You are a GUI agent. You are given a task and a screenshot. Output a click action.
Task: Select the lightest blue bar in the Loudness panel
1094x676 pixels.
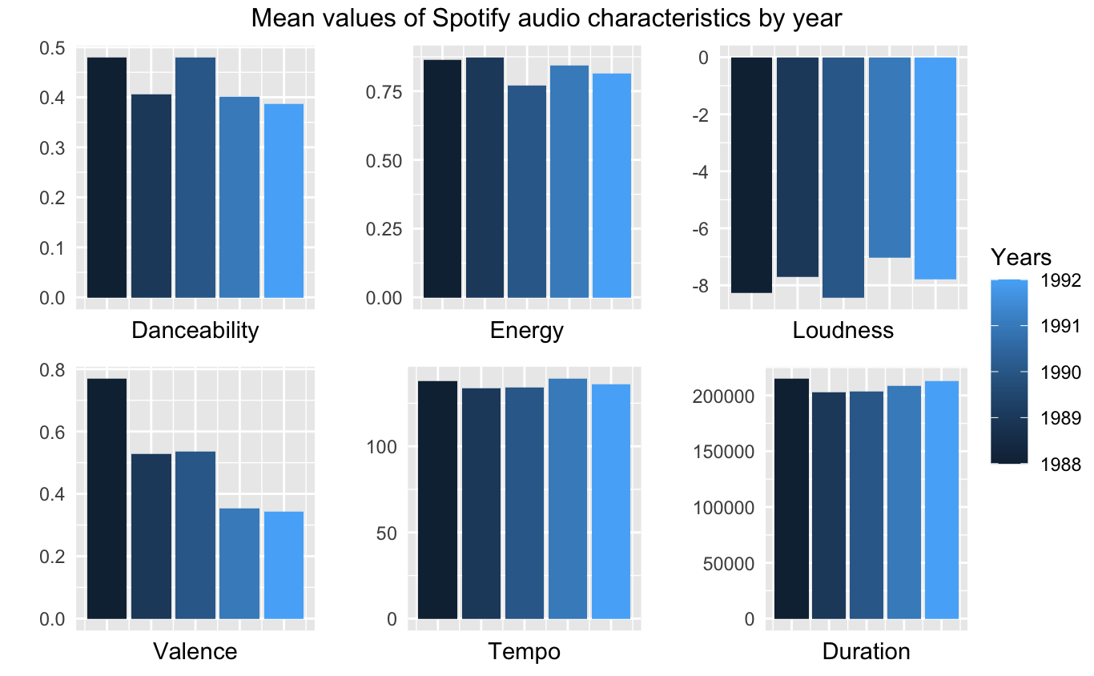[935, 168]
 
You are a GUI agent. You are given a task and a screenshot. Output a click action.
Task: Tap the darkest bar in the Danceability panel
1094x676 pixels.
[107, 177]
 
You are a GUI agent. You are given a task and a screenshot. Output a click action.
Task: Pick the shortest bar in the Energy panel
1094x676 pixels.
[527, 191]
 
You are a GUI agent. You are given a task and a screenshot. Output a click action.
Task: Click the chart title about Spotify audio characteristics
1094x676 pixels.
[546, 18]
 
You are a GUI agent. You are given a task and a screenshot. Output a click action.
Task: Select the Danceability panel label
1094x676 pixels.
[195, 330]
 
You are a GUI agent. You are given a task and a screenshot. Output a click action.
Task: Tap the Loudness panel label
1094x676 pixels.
[843, 330]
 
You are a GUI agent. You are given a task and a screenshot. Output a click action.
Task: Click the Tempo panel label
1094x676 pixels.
[524, 652]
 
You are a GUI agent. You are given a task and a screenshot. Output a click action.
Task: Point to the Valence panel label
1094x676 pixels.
[195, 652]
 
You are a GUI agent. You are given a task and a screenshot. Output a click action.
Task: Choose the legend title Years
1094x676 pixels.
[1021, 257]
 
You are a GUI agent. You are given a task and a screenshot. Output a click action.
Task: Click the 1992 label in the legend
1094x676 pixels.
[1061, 280]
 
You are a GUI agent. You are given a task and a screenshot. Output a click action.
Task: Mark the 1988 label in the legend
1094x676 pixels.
[1061, 464]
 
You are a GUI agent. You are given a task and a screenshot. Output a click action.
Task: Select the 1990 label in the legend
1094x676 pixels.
[1061, 372]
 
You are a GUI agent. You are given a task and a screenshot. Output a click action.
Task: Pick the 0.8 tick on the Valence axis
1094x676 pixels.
[54, 370]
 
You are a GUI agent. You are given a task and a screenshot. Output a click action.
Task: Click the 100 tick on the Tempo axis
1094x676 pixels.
[384, 447]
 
